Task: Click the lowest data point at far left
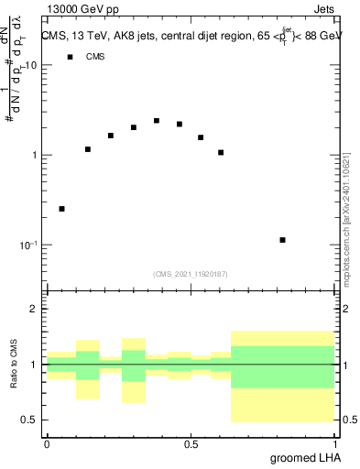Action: pos(61,209)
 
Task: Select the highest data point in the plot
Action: pos(157,121)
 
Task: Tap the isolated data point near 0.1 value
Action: pos(283,240)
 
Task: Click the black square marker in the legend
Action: pos(69,57)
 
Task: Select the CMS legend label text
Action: pos(95,57)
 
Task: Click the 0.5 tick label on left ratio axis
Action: pos(30,420)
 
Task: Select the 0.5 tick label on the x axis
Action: pos(191,444)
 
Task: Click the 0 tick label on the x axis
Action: pos(47,444)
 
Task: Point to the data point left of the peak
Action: pos(134,127)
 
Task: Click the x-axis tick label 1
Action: pos(334,444)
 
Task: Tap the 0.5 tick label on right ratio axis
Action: pos(348,420)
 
